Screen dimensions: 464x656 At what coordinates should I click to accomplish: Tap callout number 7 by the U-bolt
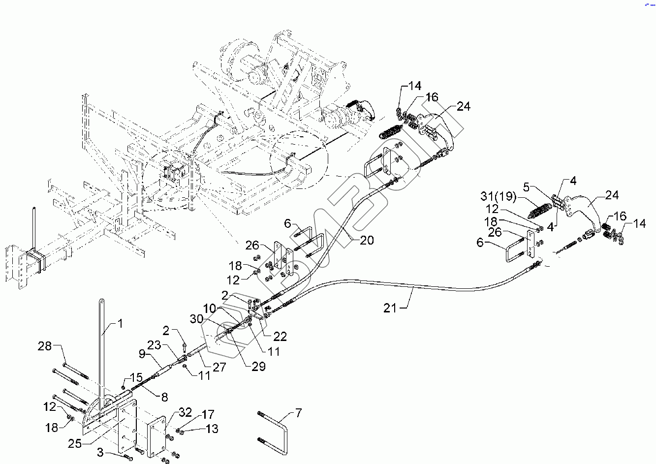pos(299,413)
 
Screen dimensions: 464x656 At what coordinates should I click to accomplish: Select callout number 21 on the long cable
pos(390,308)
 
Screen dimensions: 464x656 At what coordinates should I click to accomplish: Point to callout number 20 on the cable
pos(367,240)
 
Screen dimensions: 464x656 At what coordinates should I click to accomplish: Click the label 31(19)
pos(499,197)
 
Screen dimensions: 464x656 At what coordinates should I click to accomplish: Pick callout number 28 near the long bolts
pos(45,346)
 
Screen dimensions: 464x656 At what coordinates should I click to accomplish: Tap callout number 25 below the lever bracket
pos(75,444)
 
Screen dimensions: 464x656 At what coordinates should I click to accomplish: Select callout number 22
pos(280,337)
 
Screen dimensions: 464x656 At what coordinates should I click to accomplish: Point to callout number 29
pos(258,366)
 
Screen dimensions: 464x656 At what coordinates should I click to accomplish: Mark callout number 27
pos(219,367)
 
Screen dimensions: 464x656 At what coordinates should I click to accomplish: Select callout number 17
pos(208,414)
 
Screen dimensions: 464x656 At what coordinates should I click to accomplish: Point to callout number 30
pos(197,319)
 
